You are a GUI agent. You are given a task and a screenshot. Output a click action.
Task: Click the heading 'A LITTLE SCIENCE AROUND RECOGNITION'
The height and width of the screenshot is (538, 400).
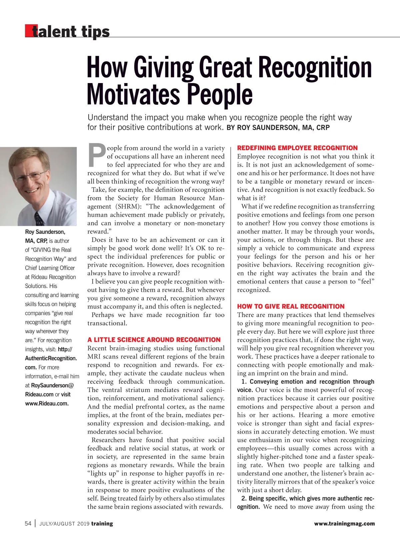154,340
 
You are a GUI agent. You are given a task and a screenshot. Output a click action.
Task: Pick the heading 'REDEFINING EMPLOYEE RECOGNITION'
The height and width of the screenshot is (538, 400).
297,148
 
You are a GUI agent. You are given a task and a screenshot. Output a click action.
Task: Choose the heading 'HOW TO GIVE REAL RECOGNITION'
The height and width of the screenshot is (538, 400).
291,307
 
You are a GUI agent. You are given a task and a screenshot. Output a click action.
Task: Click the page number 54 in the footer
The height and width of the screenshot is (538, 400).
28,524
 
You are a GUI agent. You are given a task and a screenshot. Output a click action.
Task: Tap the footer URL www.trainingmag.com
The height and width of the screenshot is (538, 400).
344,524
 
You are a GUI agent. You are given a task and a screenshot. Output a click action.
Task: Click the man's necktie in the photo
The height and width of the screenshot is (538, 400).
39,219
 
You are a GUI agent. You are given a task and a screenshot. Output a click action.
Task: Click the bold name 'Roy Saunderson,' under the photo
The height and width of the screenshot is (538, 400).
45,232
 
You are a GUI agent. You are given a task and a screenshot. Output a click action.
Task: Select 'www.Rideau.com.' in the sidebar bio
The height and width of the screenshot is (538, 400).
47,403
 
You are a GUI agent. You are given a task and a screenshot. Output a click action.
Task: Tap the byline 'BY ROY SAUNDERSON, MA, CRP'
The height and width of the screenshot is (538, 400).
278,128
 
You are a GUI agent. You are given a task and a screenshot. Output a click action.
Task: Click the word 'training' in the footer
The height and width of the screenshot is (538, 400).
102,524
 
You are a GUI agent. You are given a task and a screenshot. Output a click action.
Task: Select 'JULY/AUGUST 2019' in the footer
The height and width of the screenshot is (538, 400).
64,524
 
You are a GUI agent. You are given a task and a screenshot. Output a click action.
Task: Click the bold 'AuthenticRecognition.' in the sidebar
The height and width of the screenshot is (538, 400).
51,358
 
